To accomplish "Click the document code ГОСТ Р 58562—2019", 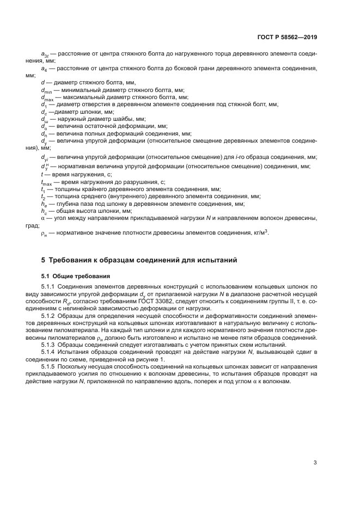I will click(287, 38).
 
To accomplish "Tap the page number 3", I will click(315, 463).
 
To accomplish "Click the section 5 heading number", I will click(44, 261).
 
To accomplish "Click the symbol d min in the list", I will click(45, 90).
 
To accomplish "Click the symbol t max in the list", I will click(46, 182).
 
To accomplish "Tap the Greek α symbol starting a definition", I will click(43, 217).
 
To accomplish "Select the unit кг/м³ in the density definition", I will click(259, 232).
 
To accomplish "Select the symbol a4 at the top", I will click(44, 69).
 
